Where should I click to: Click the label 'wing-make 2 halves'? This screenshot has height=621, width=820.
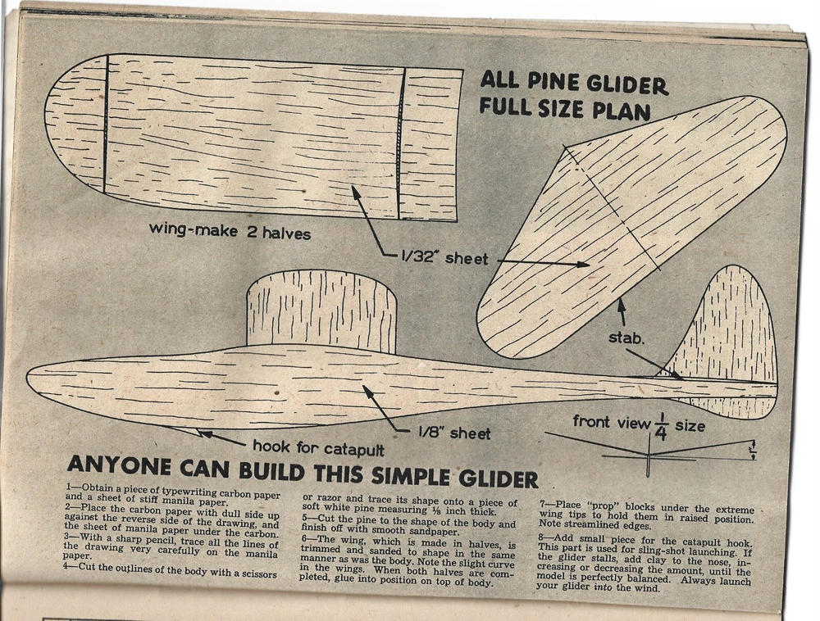pos(230,230)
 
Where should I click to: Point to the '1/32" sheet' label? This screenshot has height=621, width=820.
pos(444,257)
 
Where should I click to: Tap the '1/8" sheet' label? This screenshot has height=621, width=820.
pos(454,433)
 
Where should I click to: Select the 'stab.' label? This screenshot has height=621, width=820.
pos(626,338)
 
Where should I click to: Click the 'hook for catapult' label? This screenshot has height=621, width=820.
pos(318,447)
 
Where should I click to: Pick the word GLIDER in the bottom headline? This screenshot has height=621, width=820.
pos(499,478)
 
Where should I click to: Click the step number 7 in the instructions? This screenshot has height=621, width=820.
pos(543,505)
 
